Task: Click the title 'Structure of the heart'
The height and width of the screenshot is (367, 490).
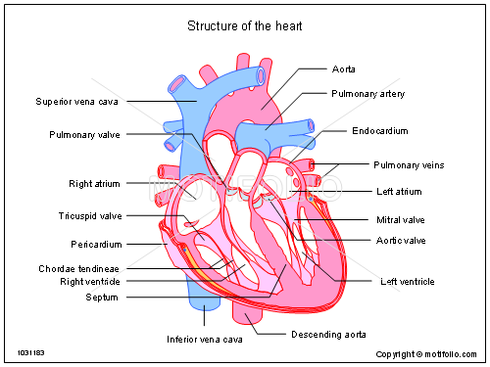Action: [x=245, y=25]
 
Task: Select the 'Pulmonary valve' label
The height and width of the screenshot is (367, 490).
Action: [x=84, y=134]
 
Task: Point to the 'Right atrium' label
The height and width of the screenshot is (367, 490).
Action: [x=94, y=183]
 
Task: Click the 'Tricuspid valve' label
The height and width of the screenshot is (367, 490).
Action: [x=90, y=215]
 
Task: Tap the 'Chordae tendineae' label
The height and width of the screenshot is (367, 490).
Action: [x=79, y=268]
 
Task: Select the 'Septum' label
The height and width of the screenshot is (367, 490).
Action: [x=102, y=297]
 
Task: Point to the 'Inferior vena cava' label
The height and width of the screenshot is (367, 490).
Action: [x=204, y=340]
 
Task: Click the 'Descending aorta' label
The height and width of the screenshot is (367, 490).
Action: [x=329, y=334]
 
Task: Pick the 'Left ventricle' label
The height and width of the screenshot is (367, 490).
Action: [x=407, y=282]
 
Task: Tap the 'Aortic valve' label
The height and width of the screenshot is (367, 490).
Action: [x=401, y=240]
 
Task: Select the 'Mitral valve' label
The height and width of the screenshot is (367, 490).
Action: [x=401, y=219]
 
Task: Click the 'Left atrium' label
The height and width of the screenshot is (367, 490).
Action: [x=399, y=191]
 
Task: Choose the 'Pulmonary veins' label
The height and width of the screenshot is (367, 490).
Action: [x=409, y=165]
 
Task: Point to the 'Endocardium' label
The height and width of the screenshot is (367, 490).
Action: [x=380, y=130]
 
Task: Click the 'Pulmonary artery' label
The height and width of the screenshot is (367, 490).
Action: [x=367, y=94]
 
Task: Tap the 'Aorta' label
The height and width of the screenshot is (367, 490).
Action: [x=344, y=69]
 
